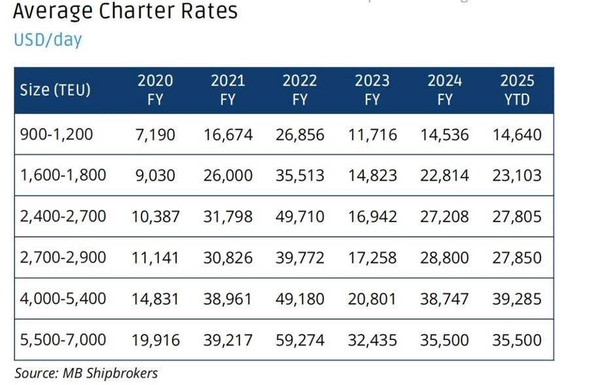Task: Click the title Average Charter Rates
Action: (124, 11)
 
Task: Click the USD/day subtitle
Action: (48, 39)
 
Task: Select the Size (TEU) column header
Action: (55, 90)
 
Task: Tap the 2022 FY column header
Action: (300, 90)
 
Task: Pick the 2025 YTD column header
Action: (517, 90)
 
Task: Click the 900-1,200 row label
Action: (56, 134)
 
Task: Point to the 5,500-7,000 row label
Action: (63, 339)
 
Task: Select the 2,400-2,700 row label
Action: (63, 216)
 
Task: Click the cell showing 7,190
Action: (155, 134)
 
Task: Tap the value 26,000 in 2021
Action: (228, 175)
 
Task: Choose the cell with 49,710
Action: (300, 216)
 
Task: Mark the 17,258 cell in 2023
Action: (372, 257)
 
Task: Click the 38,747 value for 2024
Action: (445, 299)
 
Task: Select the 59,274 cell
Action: (300, 339)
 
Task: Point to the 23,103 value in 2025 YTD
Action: (517, 175)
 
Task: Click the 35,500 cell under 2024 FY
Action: (445, 339)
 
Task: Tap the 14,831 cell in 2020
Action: (155, 299)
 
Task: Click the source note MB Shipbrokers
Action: (86, 373)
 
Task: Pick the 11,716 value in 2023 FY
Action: (372, 134)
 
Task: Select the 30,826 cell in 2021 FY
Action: (228, 257)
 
